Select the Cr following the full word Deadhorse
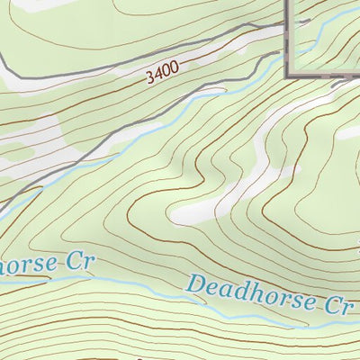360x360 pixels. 336,305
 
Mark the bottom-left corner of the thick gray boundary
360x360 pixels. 289,76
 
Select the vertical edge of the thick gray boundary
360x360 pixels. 288,36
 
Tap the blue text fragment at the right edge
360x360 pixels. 356,245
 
